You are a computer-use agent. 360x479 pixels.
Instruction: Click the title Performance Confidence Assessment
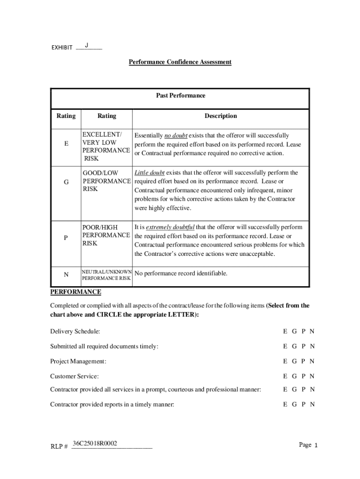180,62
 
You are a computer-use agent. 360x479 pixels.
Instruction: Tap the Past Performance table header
180,96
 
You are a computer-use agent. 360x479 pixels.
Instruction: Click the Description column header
220,116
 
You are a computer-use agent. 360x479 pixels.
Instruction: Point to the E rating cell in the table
66,145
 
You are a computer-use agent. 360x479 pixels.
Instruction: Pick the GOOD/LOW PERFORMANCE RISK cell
106,181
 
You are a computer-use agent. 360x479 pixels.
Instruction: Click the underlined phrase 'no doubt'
176,136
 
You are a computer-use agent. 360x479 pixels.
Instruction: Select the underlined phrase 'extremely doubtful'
170,227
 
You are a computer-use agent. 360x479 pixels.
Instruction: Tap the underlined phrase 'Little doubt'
149,173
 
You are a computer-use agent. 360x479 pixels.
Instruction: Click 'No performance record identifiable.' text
181,273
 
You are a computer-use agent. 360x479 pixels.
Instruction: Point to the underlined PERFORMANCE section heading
75,292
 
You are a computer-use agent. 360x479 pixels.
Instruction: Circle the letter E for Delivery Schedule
285,332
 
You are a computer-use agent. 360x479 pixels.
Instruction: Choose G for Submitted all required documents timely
295,347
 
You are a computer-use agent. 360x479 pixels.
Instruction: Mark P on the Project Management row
303,362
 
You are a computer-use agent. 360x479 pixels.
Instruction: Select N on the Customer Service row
312,377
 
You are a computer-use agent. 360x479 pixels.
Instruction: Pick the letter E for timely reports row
285,405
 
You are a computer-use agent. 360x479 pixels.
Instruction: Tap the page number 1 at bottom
316,445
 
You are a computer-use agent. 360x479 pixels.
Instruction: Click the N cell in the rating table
66,275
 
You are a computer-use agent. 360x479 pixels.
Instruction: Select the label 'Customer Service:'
74,377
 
